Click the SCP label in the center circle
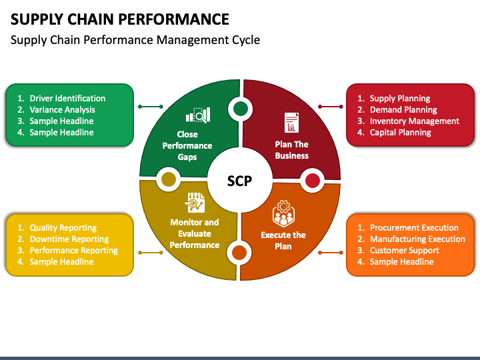(239, 181)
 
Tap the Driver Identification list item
(67, 98)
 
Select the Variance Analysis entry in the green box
(62, 109)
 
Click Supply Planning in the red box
(400, 98)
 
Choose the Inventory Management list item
(415, 121)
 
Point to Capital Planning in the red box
(401, 132)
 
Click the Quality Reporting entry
(63, 228)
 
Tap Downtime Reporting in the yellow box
(69, 239)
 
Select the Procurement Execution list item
(414, 228)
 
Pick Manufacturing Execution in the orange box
(417, 239)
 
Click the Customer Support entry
(405, 251)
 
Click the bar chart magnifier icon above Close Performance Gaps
(198, 115)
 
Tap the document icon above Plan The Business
(291, 123)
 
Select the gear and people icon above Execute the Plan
(283, 213)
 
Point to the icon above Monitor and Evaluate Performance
(195, 203)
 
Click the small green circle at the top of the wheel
(241, 109)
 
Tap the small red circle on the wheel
(312, 181)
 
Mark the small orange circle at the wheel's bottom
(239, 253)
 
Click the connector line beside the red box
(331, 107)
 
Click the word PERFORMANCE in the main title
(173, 19)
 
